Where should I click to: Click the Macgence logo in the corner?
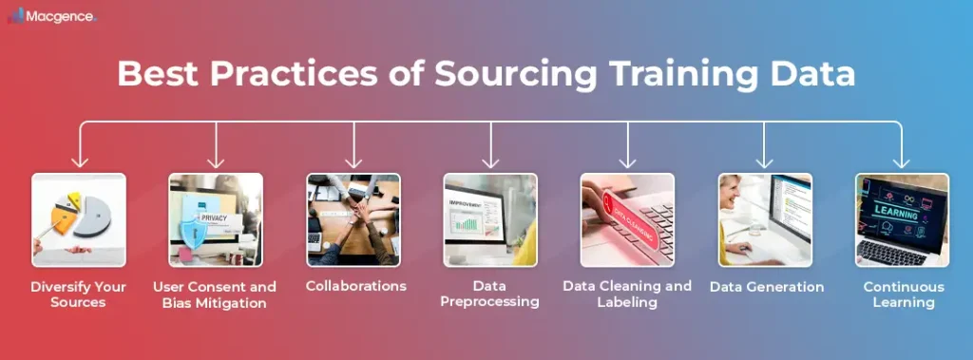click(52, 17)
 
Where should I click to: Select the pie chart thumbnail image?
click(79, 219)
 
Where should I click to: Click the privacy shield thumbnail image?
click(216, 219)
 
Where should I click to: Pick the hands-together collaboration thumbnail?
click(353, 219)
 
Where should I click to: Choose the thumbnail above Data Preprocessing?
click(490, 219)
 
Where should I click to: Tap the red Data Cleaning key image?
click(627, 219)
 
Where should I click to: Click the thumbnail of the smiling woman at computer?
click(765, 219)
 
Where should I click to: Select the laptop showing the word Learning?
click(902, 219)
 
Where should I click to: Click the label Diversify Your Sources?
click(79, 294)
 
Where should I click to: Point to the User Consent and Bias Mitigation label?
click(216, 294)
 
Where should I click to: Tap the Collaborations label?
click(353, 285)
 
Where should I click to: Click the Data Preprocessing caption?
click(490, 294)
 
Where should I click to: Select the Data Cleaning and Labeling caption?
click(627, 294)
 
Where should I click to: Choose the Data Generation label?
click(767, 285)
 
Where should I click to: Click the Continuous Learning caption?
click(904, 294)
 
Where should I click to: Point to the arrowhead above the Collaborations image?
click(353, 162)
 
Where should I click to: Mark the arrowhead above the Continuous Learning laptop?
click(902, 162)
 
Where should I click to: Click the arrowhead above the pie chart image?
click(79, 162)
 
